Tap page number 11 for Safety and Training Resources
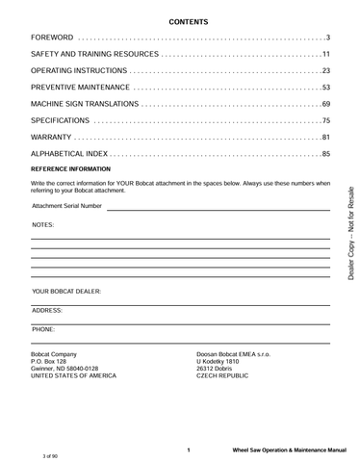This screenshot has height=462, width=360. coord(325,53)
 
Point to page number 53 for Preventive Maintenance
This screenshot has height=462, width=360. coord(325,87)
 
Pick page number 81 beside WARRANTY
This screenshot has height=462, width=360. coord(325,137)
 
